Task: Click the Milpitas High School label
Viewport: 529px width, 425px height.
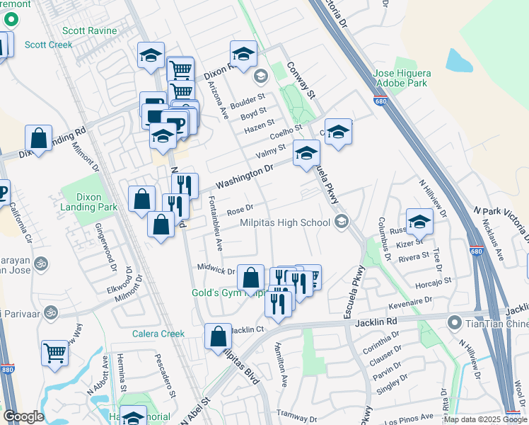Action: coord(285,222)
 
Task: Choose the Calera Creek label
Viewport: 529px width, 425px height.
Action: coord(158,334)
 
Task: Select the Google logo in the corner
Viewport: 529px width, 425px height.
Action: coord(23,416)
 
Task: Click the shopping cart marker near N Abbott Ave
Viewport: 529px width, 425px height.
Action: coord(54,352)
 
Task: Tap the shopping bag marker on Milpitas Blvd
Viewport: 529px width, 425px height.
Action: coord(219,336)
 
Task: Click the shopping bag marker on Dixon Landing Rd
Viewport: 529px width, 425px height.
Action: coord(39,138)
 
